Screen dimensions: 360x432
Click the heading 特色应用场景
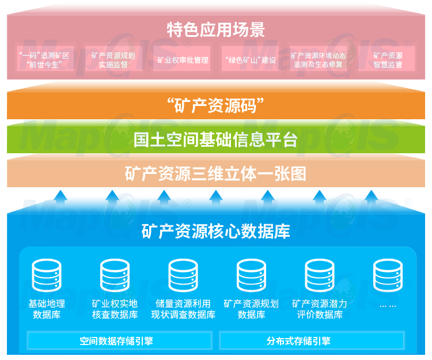tap(216, 29)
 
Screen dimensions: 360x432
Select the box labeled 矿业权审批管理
tap(183, 60)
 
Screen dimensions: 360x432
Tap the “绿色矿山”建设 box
tap(250, 60)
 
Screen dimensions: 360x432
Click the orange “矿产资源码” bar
tap(216, 105)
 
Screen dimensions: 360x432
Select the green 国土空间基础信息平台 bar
tap(216, 139)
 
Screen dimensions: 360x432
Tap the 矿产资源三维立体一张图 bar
tap(216, 173)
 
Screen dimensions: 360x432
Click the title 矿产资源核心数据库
tap(216, 232)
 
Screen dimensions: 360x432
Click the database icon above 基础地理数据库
tap(47, 275)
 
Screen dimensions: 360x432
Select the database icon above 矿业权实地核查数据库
tap(115, 275)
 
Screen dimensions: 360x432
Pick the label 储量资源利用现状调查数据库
tap(183, 309)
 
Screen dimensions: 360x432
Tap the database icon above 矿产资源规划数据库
tap(251, 275)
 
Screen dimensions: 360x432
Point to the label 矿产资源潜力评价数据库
tap(319, 309)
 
